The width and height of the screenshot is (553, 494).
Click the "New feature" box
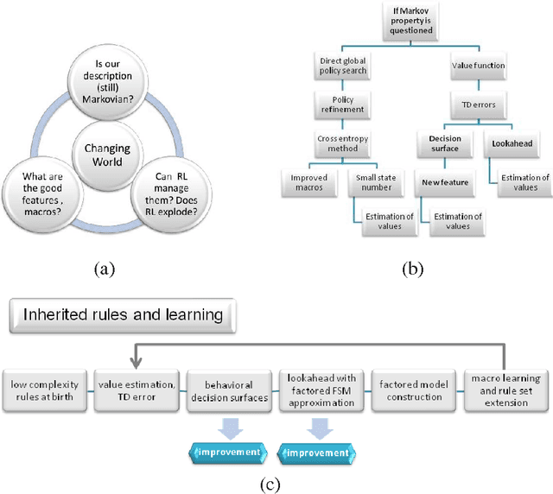(445, 183)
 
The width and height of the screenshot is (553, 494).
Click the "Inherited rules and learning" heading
(122, 314)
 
